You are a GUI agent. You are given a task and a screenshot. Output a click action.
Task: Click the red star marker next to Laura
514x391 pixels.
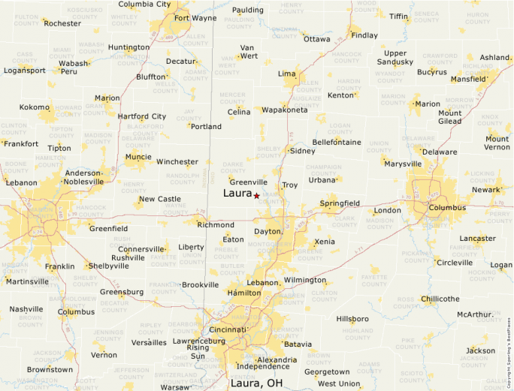tap(257, 195)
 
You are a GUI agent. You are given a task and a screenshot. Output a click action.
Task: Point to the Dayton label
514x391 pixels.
tap(268, 231)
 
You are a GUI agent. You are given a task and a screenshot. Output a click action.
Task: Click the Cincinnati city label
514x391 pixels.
tap(229, 329)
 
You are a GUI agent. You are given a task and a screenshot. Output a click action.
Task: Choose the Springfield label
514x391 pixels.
tap(340, 203)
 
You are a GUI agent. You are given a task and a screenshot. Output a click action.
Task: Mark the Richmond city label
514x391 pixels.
tap(216, 224)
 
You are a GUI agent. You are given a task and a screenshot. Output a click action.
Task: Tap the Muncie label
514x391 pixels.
tap(138, 157)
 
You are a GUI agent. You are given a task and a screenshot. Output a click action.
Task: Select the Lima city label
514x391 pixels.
tap(287, 74)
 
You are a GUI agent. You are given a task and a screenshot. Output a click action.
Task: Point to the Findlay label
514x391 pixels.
tap(364, 35)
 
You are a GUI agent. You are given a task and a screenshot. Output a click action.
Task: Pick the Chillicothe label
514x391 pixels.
tap(440, 299)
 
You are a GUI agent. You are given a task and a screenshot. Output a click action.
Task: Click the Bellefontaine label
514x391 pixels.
tap(336, 142)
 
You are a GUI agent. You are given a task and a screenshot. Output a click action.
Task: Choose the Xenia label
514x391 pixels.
tap(325, 242)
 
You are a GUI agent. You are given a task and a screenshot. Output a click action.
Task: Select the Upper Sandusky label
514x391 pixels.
tap(395, 58)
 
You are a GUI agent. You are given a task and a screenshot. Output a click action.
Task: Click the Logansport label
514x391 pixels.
tap(25, 71)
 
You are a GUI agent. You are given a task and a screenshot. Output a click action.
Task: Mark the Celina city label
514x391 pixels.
tap(239, 112)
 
